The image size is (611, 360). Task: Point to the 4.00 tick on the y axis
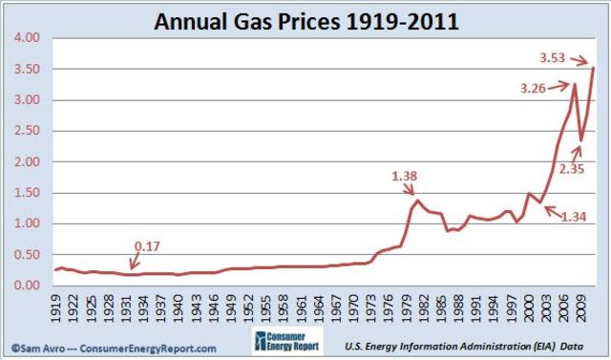point(26,38)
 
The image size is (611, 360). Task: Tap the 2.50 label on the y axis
point(26,131)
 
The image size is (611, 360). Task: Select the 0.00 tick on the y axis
point(26,286)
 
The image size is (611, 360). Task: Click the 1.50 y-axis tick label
point(26,193)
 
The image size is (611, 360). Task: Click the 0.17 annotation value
point(146,246)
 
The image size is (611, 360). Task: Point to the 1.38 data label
point(406,176)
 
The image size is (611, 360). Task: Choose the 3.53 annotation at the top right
point(553,58)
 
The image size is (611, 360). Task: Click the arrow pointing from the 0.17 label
point(135,262)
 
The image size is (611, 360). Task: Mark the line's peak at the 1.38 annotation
point(417,200)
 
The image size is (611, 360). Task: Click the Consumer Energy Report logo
point(287,344)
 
